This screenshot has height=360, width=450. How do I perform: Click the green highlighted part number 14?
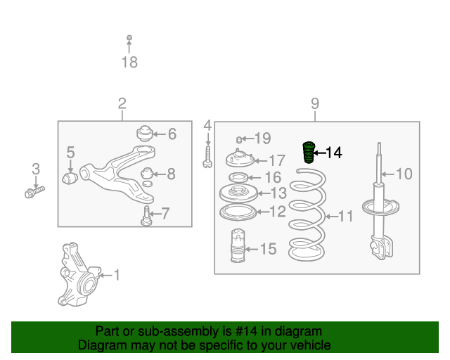click(309, 153)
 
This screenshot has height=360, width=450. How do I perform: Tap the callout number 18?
click(129, 63)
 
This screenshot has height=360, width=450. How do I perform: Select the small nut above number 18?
click(129, 37)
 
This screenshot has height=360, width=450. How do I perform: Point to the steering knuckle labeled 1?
click(79, 275)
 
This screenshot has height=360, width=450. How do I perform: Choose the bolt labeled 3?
click(34, 192)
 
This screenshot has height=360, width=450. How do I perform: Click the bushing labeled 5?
click(70, 179)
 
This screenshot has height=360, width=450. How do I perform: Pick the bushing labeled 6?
click(145, 134)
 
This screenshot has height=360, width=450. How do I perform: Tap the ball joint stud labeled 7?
click(146, 216)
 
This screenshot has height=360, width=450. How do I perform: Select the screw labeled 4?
click(207, 157)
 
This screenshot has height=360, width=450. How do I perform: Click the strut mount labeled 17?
click(240, 158)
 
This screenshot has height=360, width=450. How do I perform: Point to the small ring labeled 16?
click(238, 177)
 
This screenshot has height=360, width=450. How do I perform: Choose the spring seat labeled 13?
click(238, 193)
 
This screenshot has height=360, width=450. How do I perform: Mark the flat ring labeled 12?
click(238, 212)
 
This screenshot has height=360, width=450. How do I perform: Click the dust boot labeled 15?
click(238, 245)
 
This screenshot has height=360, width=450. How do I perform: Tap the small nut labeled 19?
click(239, 139)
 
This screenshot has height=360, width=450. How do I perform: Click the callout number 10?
click(404, 174)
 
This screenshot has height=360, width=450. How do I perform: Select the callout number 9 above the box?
click(315, 103)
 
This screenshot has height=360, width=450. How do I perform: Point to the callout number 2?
click(122, 103)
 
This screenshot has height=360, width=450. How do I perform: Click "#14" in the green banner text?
click(246, 331)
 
